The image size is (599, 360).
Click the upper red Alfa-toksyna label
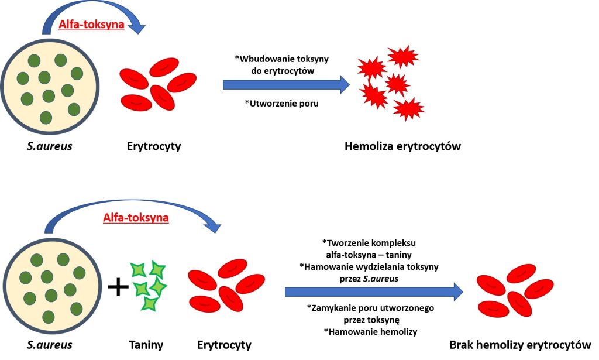coord(91,25)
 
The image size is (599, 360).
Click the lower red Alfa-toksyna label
coord(136,218)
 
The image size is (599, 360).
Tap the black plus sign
coord(119,287)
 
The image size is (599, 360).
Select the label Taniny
coord(146,345)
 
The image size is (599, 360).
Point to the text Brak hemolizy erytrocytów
coord(520,345)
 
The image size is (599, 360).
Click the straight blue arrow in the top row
coord(286,85)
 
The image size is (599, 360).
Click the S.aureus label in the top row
coord(49,146)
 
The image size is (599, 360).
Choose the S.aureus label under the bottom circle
coord(49,345)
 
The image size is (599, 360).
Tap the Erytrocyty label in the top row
coord(154,146)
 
